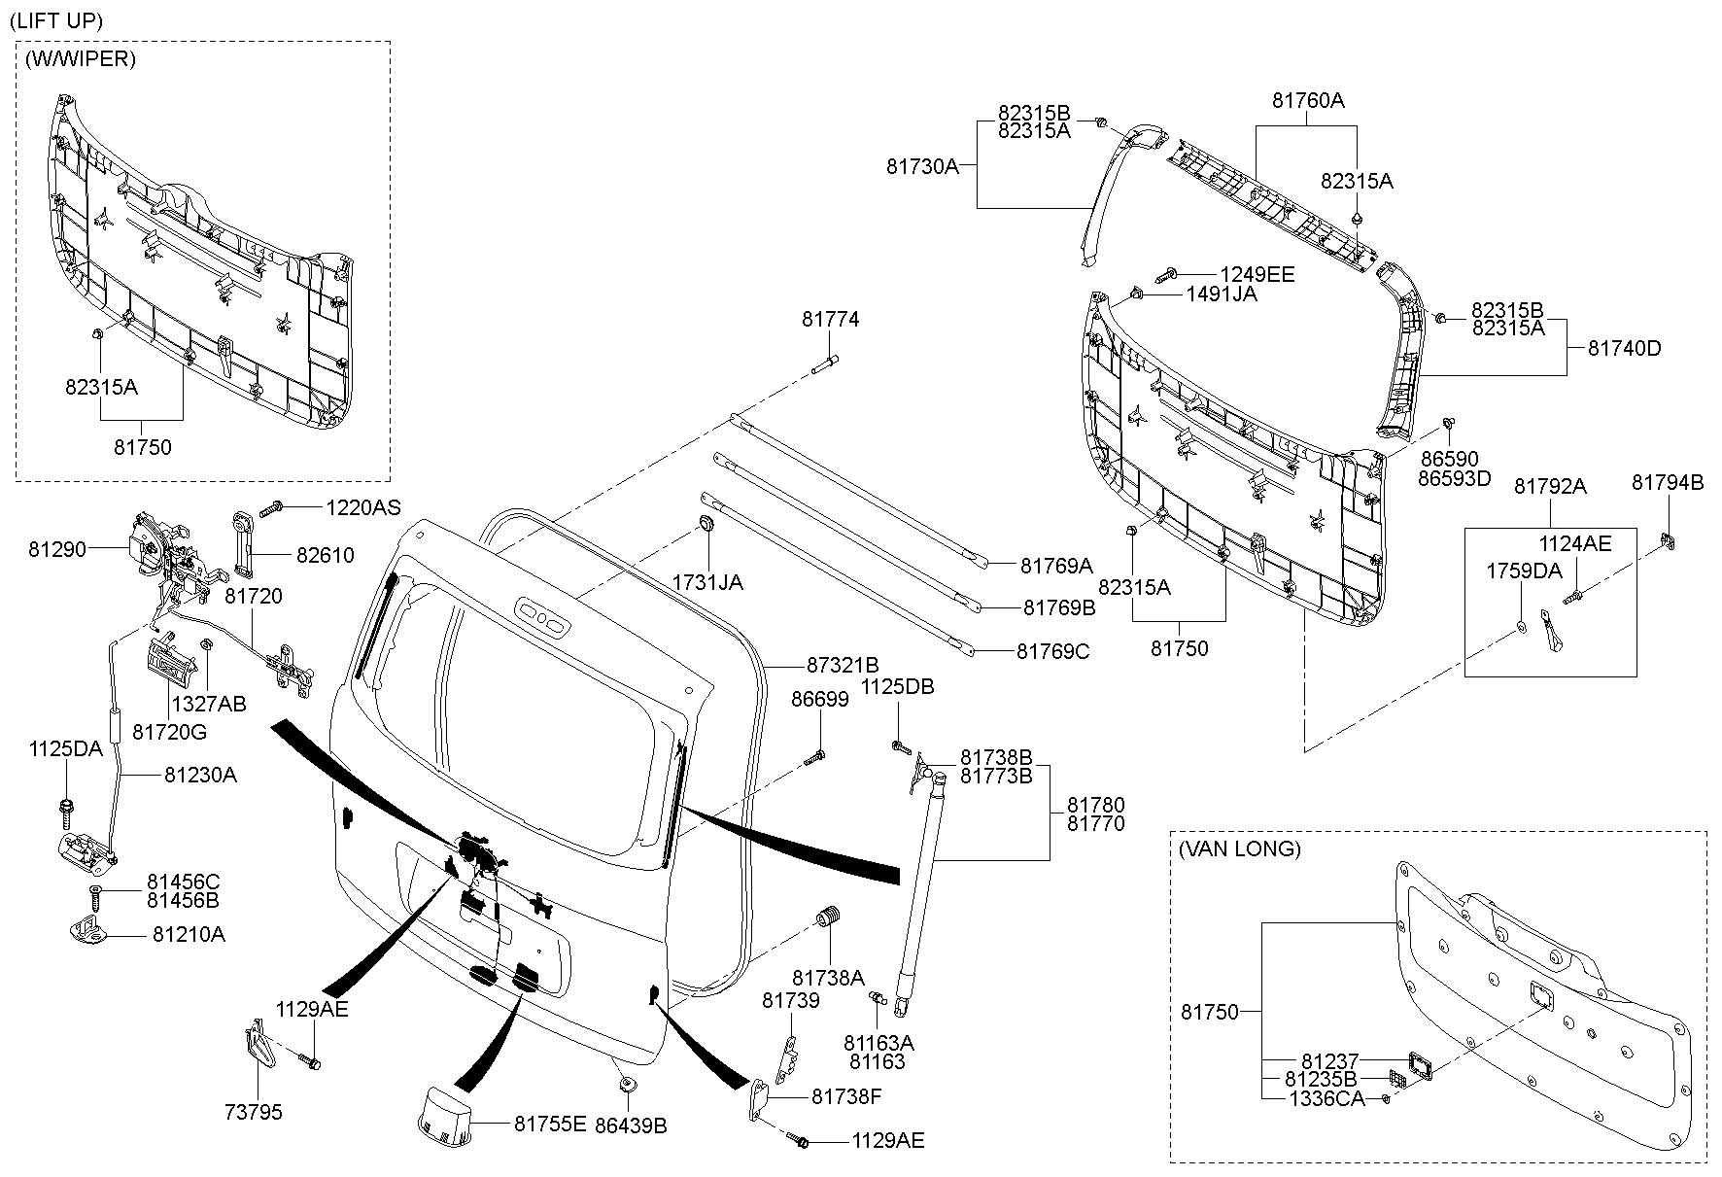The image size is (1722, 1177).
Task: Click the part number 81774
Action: (x=830, y=319)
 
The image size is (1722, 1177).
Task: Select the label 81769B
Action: (x=1058, y=607)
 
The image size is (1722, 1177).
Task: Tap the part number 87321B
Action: (x=843, y=665)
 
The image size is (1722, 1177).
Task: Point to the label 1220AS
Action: (x=362, y=507)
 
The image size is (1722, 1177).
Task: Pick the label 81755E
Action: (x=550, y=1124)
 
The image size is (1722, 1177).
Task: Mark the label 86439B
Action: (x=633, y=1126)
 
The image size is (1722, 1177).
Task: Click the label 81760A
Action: (x=1308, y=100)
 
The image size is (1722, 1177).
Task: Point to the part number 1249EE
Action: (x=1257, y=275)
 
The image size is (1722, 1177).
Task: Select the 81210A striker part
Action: (x=92, y=930)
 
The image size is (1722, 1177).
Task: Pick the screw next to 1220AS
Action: (x=273, y=506)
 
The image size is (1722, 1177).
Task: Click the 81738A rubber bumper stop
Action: (x=829, y=916)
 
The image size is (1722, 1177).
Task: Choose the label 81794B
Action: (x=1668, y=482)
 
